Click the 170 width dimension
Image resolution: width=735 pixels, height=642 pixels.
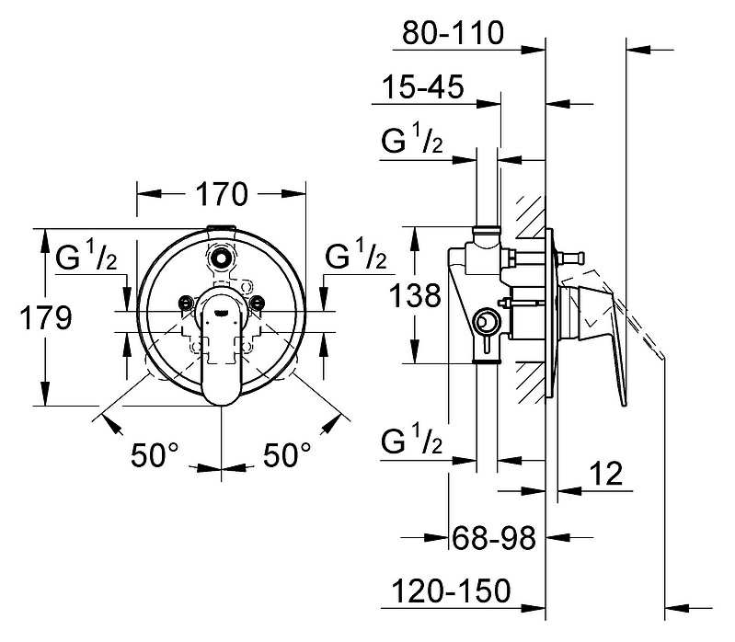222,194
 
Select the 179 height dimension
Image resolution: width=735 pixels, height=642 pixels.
46,317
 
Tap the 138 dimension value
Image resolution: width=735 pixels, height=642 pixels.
415,295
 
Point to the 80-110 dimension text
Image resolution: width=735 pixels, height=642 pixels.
453,33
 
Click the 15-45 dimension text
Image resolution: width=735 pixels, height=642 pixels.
423,86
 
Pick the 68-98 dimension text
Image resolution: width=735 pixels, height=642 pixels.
494,538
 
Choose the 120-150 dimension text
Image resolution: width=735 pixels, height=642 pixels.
451,590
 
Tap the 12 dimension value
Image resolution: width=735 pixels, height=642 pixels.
605,474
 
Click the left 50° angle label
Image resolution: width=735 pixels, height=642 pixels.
155,454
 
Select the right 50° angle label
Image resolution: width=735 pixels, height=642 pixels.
287,454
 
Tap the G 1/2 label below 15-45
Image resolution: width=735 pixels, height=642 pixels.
412,138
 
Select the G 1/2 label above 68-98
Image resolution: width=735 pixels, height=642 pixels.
412,439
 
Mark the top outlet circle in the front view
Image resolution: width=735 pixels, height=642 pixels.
220,258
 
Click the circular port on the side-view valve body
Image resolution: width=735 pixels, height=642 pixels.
486,323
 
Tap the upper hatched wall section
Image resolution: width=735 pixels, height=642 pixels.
530,216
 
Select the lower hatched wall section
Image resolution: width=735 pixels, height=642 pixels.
530,383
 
